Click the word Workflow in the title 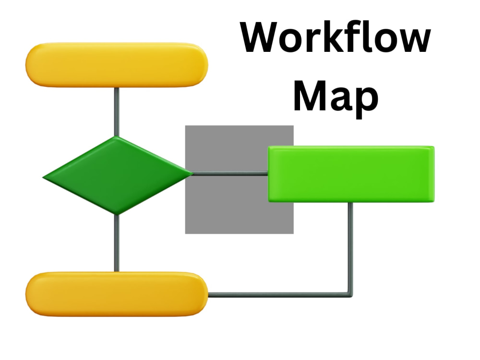point(336,37)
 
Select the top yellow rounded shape point(117,65)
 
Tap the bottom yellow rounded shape point(117,294)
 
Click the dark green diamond point(118,175)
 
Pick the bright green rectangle point(351,174)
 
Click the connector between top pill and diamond point(116,112)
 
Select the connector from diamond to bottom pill point(116,243)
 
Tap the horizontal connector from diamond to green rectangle point(230,174)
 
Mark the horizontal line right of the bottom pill point(279,295)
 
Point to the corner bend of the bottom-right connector point(350,295)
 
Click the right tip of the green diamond point(193,174)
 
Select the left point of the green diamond point(43,177)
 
